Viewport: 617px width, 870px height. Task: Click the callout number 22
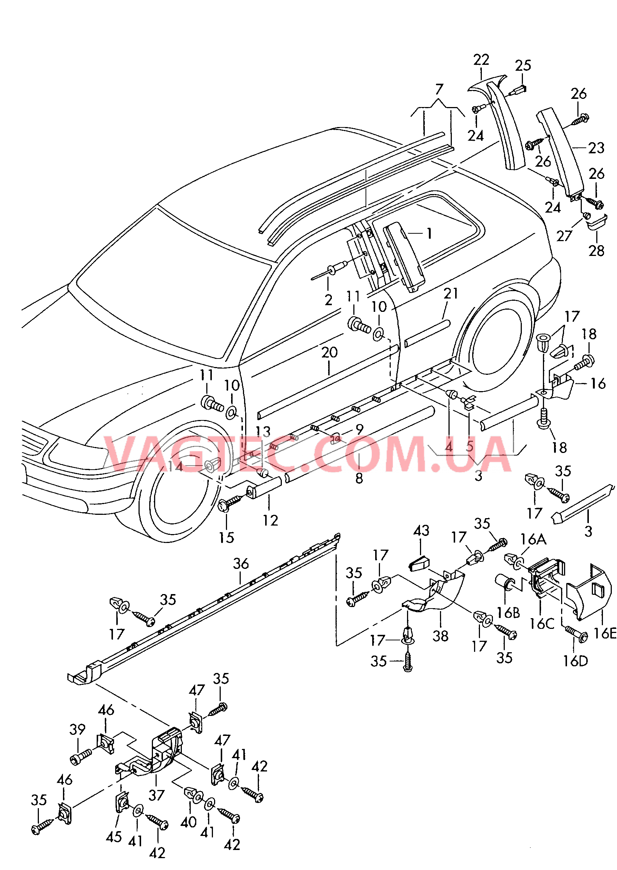coord(481,60)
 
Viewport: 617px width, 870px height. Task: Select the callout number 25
coord(523,66)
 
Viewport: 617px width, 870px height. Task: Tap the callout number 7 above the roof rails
coord(439,89)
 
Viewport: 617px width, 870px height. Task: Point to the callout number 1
coord(429,233)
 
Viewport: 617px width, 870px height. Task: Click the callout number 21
coord(451,293)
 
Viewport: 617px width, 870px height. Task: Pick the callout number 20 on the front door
coord(329,352)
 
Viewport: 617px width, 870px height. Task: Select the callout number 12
coord(270,520)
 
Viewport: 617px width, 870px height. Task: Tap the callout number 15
coord(226,537)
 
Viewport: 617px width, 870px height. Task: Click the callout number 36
coord(241,563)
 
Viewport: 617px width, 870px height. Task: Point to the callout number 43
coord(421,530)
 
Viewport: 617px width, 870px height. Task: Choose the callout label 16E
coord(605,633)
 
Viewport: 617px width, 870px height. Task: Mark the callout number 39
coord(77,729)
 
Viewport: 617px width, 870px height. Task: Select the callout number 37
coord(156,795)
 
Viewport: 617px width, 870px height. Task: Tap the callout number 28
coord(596,251)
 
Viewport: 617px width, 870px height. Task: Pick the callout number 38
coord(440,636)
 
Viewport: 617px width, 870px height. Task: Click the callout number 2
coord(328,300)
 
